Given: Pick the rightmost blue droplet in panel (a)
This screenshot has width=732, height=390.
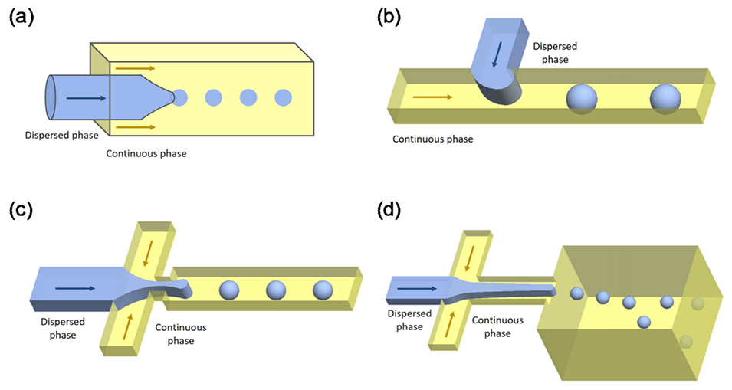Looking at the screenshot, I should click(284, 97).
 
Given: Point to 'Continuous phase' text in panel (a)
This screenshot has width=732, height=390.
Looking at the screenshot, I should click(146, 153).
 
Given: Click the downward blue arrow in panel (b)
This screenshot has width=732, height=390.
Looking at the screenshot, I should click(498, 54).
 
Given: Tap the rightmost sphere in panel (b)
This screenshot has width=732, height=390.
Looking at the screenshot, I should click(665, 99).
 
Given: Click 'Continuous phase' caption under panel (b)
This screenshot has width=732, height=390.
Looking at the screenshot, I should click(432, 139).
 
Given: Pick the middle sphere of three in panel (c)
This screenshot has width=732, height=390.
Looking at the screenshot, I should click(277, 291).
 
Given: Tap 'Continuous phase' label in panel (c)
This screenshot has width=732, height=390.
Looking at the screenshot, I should click(181, 334).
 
